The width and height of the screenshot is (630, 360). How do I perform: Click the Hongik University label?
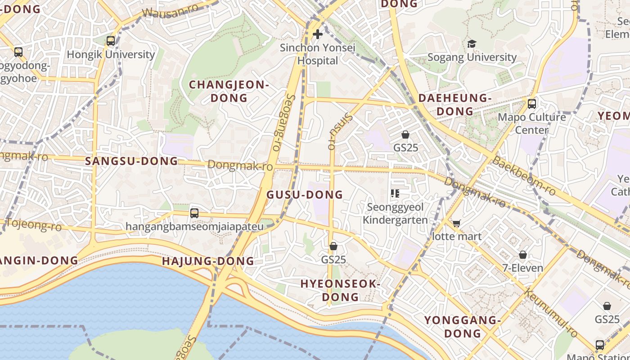(111, 55)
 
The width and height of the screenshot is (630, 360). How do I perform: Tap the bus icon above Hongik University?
(111, 41)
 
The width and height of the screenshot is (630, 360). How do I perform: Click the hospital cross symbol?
(318, 34)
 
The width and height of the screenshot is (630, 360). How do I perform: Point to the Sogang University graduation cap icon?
(472, 44)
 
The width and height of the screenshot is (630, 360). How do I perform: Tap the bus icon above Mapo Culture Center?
(531, 103)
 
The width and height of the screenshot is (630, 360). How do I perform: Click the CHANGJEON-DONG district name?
(229, 91)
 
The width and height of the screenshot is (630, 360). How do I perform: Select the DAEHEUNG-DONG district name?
(455, 104)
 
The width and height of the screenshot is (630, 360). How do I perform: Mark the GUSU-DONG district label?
(305, 194)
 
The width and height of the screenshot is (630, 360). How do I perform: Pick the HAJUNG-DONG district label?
(208, 261)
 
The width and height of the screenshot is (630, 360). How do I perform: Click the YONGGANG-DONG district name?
(463, 327)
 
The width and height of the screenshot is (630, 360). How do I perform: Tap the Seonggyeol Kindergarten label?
(395, 214)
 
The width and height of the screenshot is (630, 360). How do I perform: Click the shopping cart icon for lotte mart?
(456, 223)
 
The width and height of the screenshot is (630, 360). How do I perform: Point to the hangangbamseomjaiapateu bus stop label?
(194, 226)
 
